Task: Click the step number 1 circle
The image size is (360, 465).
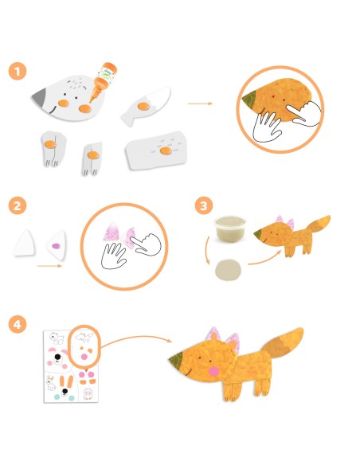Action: coord(18,72)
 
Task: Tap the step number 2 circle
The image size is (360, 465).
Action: coord(18,205)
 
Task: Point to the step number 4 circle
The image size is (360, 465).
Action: coord(18,325)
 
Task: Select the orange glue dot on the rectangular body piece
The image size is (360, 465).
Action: coord(166,149)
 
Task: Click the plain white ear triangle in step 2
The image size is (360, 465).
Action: coord(27,241)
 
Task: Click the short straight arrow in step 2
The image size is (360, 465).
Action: coord(48,266)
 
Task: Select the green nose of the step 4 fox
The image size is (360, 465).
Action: coord(176,362)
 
